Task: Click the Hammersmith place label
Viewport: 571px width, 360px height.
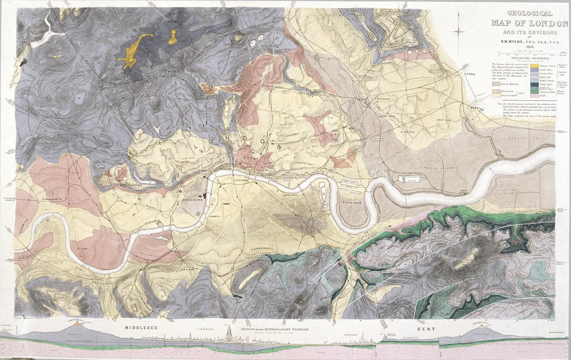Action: click(x=51, y=199)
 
